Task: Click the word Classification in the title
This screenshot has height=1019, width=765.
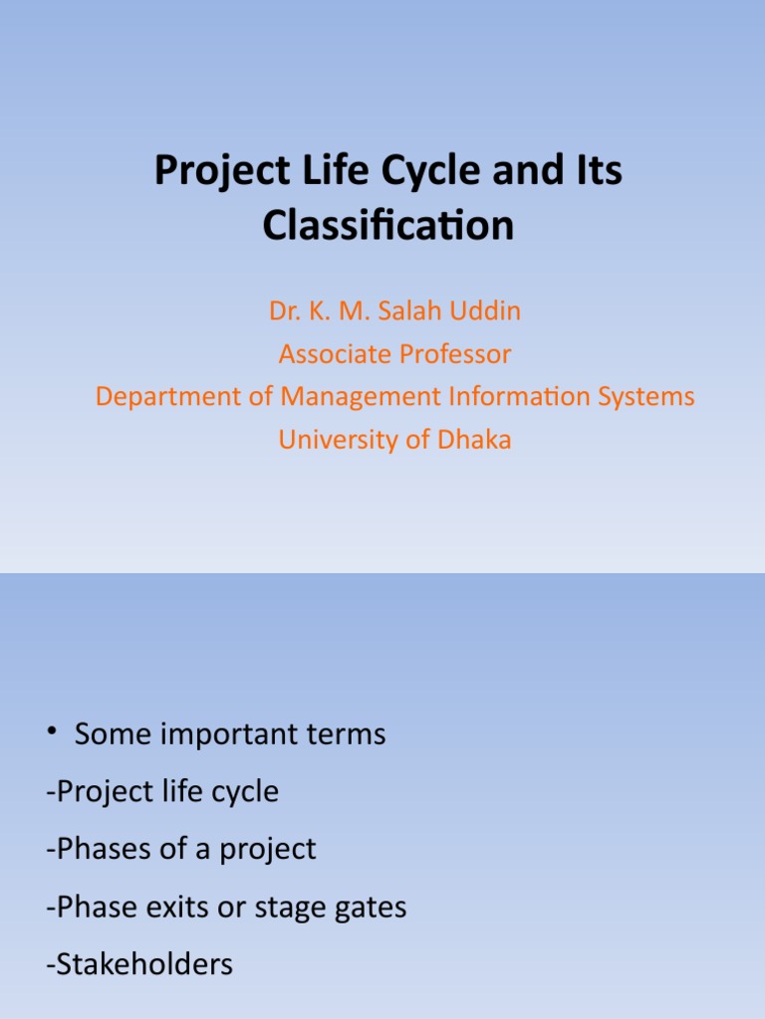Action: pyautogui.click(x=388, y=226)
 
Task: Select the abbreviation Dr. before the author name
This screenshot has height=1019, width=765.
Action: pyautogui.click(x=283, y=311)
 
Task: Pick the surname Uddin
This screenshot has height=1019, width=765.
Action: pyautogui.click(x=488, y=311)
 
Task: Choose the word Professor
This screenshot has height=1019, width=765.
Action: pyautogui.click(x=455, y=354)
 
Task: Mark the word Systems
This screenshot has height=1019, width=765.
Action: pyautogui.click(x=646, y=397)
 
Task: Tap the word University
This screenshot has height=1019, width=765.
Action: pyautogui.click(x=337, y=440)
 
